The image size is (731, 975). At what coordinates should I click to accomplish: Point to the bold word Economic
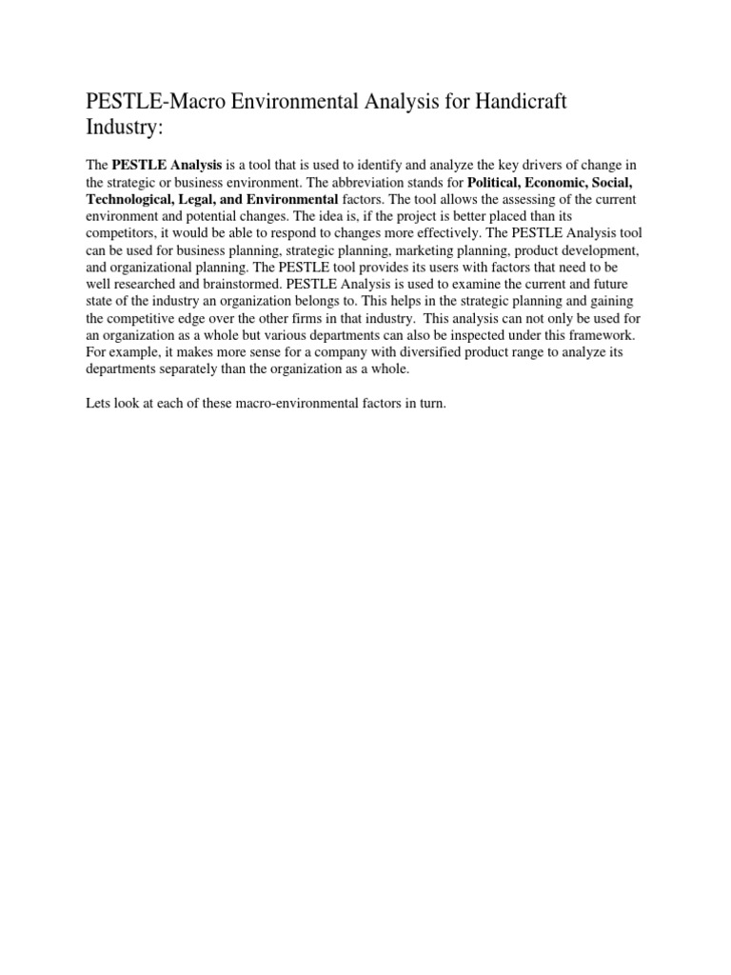point(582,182)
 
